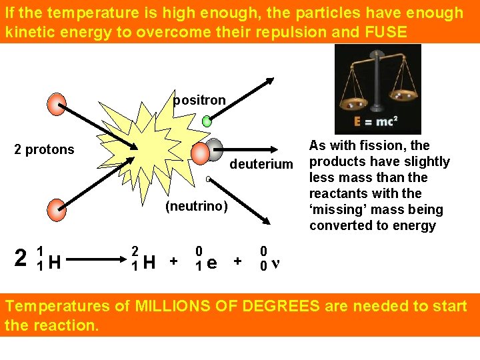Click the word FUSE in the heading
click(x=385, y=31)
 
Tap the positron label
click(x=199, y=101)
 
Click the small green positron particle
click(x=207, y=121)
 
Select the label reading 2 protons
click(x=45, y=149)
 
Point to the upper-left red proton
click(x=57, y=103)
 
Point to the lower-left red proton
click(x=57, y=209)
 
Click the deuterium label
click(x=261, y=164)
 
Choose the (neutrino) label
click(x=197, y=207)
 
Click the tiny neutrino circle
click(x=208, y=179)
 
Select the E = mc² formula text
click(x=377, y=122)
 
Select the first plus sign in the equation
click(x=174, y=261)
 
